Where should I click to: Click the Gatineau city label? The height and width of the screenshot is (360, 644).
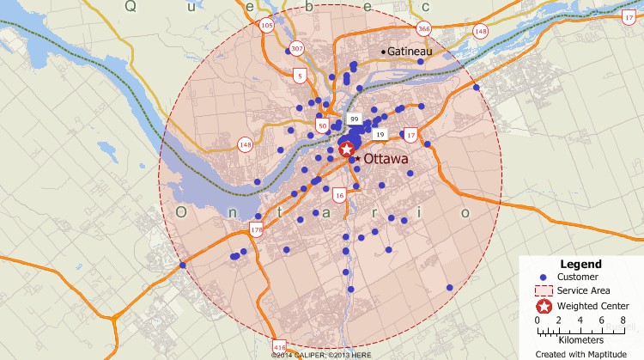(x=409, y=52)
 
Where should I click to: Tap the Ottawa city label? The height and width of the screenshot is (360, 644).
(x=388, y=159)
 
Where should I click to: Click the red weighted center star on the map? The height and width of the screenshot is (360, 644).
(x=347, y=149)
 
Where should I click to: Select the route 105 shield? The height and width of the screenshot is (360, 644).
(x=267, y=26)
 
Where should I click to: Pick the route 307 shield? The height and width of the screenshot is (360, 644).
(x=297, y=48)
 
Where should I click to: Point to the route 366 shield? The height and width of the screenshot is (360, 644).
(x=423, y=28)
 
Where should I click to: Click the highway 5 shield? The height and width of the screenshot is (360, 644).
(x=300, y=76)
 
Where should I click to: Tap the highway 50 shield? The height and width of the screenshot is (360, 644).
(x=323, y=125)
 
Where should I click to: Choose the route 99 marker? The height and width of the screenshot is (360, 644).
(x=354, y=119)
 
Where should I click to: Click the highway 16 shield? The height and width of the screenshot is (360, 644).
(x=340, y=196)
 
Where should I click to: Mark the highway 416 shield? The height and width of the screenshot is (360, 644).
(x=278, y=339)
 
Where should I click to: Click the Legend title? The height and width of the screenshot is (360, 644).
(x=580, y=264)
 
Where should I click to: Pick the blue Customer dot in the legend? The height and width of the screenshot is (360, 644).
(x=543, y=277)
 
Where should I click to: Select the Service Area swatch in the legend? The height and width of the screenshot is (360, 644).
(x=543, y=291)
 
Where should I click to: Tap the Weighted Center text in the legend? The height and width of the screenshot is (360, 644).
(x=592, y=306)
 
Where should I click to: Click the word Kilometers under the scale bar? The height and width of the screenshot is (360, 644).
(x=580, y=339)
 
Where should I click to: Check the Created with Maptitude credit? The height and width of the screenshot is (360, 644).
(x=580, y=352)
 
